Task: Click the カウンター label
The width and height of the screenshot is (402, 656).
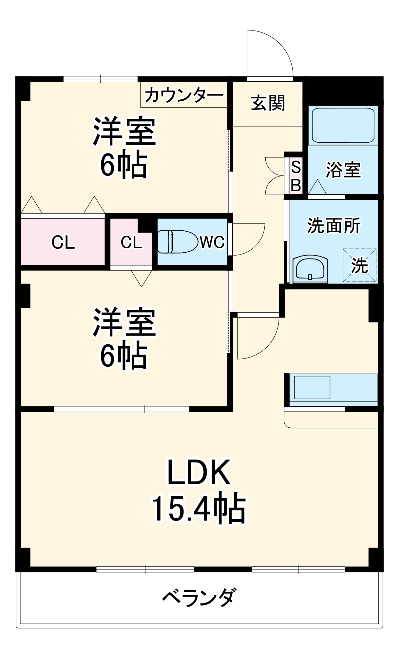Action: pos(184,95)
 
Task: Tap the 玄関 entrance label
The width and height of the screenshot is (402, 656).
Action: pos(268,103)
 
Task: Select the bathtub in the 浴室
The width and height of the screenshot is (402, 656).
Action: pos(343,125)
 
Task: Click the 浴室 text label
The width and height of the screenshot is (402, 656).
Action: pos(343,170)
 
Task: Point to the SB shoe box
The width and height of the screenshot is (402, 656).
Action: pos(296,176)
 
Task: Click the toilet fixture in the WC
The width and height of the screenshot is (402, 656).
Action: pos(177,242)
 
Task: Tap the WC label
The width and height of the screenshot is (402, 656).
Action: pos(212,242)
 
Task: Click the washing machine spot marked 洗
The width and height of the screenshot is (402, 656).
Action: pos(359,265)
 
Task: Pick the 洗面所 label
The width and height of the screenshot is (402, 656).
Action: pos(334,226)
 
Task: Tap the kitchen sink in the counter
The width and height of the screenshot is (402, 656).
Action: pos(312,387)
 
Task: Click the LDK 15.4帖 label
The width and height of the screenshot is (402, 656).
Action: pos(198,490)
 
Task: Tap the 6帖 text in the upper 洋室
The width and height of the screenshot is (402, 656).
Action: pos(124,165)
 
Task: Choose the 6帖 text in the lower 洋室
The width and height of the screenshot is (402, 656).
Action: pos(124,356)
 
